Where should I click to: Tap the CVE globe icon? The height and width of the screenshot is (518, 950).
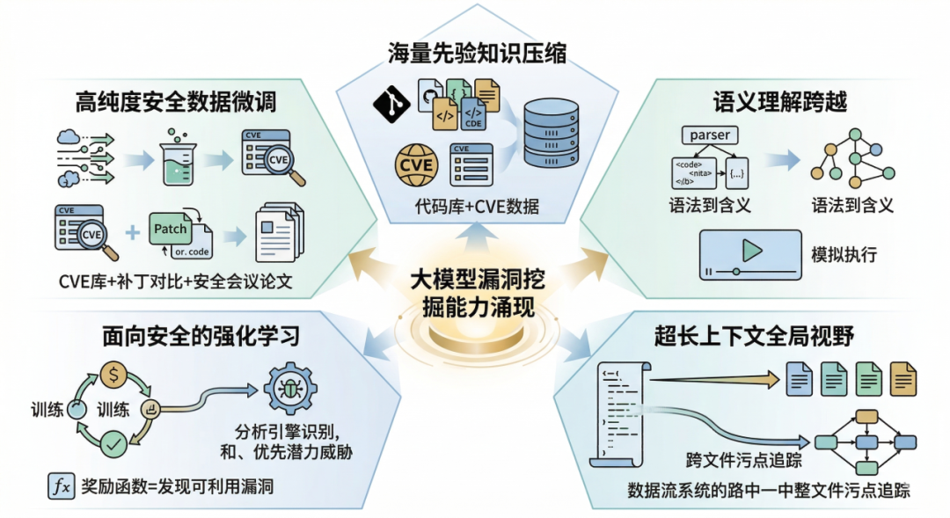click(416, 164)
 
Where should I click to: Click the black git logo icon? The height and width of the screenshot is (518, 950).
click(391, 104)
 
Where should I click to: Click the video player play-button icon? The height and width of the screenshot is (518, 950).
click(749, 253)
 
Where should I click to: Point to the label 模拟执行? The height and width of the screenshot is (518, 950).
click(844, 255)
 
